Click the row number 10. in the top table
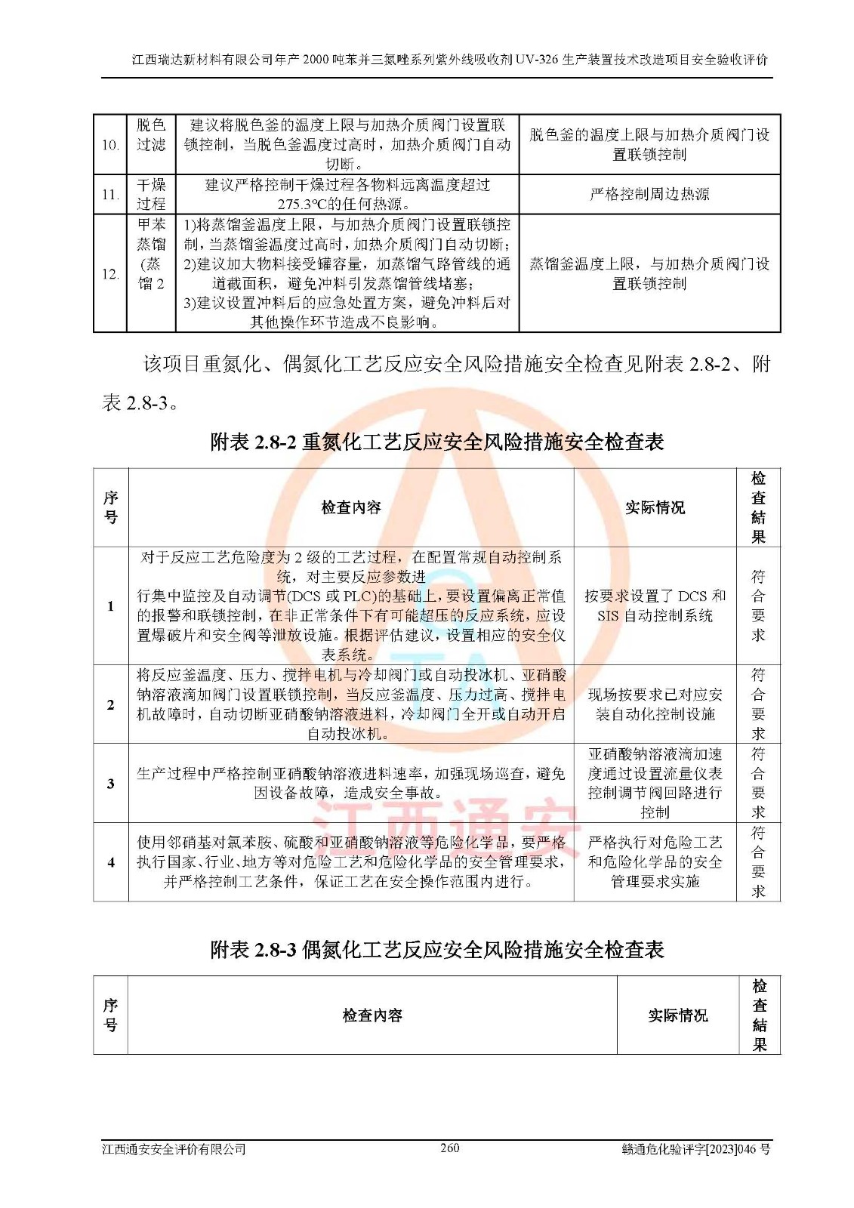click(x=110, y=144)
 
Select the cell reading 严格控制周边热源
click(x=649, y=194)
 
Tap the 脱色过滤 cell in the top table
click(x=151, y=135)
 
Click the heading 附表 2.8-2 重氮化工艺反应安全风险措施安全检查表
click(x=436, y=442)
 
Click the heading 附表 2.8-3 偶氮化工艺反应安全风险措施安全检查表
click(x=436, y=950)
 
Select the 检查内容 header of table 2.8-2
click(x=351, y=507)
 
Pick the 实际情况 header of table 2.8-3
click(x=677, y=1015)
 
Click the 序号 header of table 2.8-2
click(x=111, y=507)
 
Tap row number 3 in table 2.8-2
click(x=111, y=783)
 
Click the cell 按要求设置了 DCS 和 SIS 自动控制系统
click(x=655, y=606)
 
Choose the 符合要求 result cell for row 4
click(x=758, y=861)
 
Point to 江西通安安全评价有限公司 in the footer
click(x=174, y=1149)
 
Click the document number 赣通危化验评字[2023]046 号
click(x=695, y=1149)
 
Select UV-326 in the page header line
click(x=538, y=60)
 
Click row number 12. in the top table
click(x=110, y=273)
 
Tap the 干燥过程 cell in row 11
click(x=151, y=194)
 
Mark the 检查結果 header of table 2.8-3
click(x=759, y=1015)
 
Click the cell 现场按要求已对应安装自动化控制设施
click(x=655, y=704)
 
